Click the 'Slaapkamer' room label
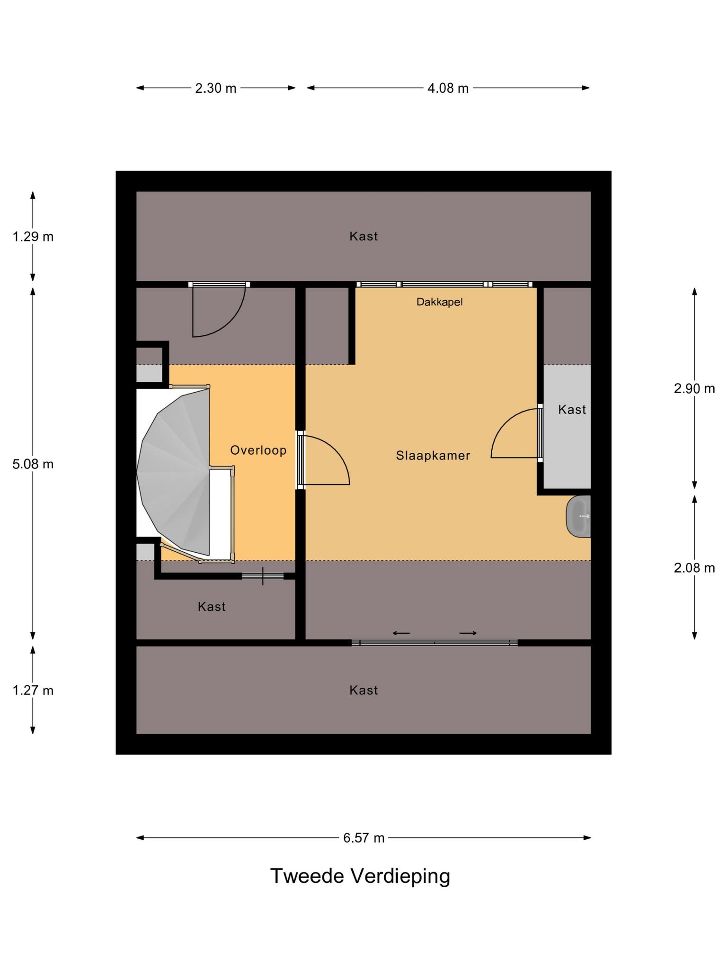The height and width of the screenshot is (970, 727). tap(433, 456)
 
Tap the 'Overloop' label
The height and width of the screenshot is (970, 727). tap(258, 450)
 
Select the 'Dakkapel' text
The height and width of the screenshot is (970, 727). tap(439, 302)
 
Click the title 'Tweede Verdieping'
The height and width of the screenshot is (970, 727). tap(360, 876)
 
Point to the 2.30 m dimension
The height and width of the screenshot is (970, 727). tap(216, 88)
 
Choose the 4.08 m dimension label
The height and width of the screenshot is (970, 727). tap(448, 88)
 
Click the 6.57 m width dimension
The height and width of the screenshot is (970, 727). tap(363, 838)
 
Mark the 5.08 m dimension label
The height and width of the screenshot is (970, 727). tap(33, 464)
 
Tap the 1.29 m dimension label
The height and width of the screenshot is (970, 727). tap(33, 236)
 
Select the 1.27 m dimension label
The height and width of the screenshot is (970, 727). tap(33, 691)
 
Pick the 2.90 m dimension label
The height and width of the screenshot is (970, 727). tap(694, 388)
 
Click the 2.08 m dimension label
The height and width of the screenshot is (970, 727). tap(694, 567)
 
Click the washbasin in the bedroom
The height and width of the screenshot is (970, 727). tap(578, 516)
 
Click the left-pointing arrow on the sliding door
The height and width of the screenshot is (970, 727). tap(401, 633)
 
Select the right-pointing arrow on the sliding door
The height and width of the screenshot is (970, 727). tap(468, 633)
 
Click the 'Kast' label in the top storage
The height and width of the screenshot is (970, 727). tap(363, 236)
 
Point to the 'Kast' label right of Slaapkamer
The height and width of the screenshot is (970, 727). tap(572, 410)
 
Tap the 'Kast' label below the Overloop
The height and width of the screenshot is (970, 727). tap(212, 607)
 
